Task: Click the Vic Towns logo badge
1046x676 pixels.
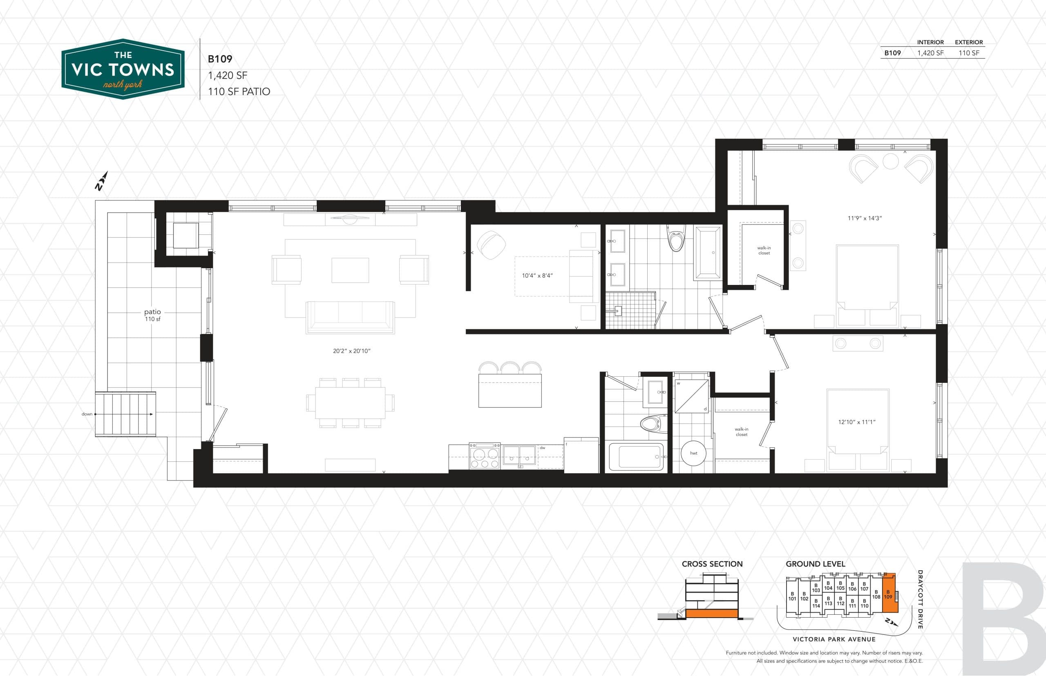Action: coord(123,69)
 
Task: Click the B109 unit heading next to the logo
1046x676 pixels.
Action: coord(220,59)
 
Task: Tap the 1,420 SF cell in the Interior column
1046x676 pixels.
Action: coord(930,53)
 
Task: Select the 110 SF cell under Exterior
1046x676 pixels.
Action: coord(968,53)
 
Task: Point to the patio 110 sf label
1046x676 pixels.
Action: coord(152,315)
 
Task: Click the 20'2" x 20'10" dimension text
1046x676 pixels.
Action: coord(351,351)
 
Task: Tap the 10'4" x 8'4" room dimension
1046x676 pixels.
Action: coord(537,276)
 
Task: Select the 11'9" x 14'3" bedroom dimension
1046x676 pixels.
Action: coord(865,218)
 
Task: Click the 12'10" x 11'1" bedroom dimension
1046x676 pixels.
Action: coord(857,422)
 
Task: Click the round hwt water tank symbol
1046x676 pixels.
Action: coord(693,453)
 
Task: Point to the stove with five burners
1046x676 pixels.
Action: coord(485,456)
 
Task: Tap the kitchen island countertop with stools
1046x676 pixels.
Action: coord(510,390)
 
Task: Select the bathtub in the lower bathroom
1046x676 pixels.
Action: coord(636,456)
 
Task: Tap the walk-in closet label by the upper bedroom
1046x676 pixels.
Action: coord(764,250)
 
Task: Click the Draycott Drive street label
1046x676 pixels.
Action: coord(920,600)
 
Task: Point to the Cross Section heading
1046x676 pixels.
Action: coord(712,564)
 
